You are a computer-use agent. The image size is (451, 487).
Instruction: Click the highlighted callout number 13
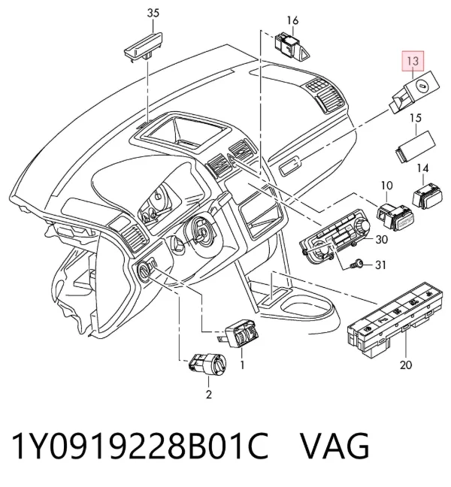click(413, 61)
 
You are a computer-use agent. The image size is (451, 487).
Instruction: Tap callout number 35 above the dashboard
click(153, 14)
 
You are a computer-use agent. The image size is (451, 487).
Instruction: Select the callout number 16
click(292, 20)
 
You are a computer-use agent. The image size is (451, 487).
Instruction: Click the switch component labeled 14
click(427, 196)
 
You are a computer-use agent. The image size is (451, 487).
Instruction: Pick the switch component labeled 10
click(395, 216)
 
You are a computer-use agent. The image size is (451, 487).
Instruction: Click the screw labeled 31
click(357, 265)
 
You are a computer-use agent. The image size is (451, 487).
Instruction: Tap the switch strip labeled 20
click(395, 319)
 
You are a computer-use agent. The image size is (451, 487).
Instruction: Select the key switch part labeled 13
click(415, 92)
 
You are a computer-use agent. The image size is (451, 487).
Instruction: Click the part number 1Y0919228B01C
click(140, 446)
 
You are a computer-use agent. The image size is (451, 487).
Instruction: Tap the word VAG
click(334, 446)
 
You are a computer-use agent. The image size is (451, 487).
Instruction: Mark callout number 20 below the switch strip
click(406, 364)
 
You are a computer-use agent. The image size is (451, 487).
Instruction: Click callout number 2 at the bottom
click(209, 395)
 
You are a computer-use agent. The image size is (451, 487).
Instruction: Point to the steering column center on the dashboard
click(202, 232)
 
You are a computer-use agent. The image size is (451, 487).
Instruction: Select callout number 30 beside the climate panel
click(382, 239)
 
